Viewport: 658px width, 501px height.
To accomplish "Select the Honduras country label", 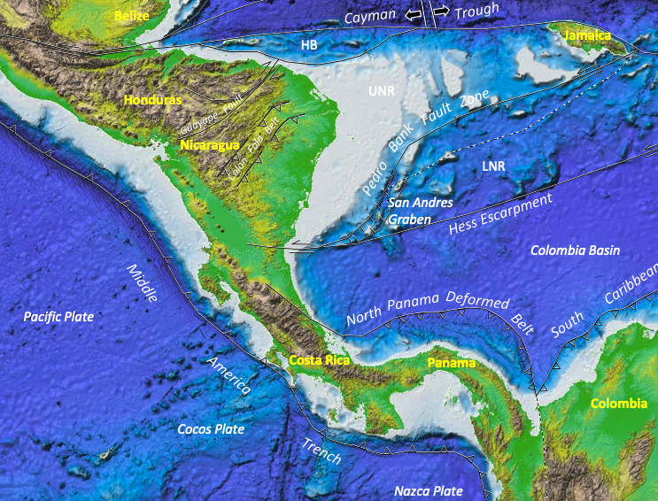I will pos(153,100).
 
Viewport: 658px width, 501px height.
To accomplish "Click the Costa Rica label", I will pos(320,360).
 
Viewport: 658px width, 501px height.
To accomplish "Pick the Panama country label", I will pos(451,363).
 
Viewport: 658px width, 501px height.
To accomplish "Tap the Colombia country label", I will pos(615,404).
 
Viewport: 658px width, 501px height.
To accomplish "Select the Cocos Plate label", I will pos(210,429).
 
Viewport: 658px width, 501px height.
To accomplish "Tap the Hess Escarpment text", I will pos(500,213).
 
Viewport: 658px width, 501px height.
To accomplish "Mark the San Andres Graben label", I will pos(421,209).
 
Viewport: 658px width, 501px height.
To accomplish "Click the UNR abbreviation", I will pos(383,92).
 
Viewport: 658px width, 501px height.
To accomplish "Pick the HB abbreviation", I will pos(309,44).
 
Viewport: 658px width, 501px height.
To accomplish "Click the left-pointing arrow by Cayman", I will pos(413,15).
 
